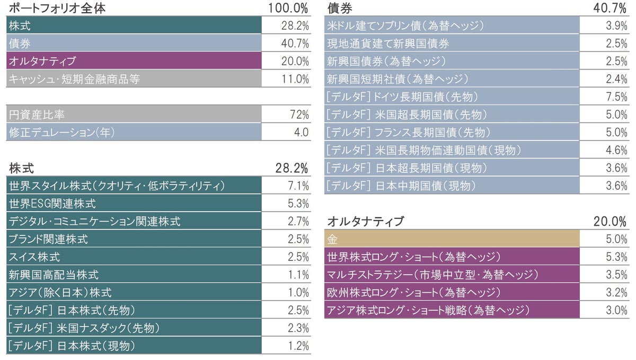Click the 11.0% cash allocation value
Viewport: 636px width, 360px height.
[295, 79]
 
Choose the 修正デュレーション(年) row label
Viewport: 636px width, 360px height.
[61, 133]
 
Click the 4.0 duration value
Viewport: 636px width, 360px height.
[301, 133]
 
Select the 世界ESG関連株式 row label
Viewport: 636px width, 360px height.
[52, 204]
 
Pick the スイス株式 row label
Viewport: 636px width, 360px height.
[34, 257]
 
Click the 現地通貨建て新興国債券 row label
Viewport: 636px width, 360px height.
[388, 43]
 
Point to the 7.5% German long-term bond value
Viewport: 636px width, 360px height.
[617, 96]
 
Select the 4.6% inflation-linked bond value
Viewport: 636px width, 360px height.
[617, 150]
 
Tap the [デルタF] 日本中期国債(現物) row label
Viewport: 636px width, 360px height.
[401, 186]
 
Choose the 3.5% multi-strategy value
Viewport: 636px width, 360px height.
[617, 275]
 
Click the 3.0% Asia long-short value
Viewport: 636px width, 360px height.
[617, 310]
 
